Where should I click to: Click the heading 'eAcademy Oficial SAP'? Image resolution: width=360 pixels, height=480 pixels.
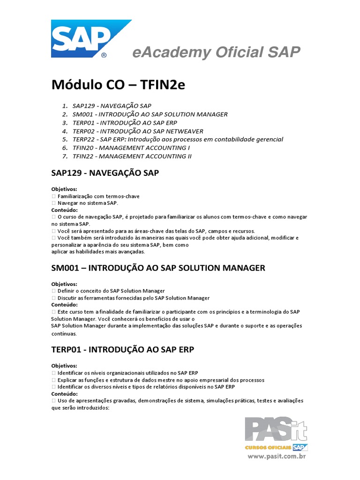point(216,52)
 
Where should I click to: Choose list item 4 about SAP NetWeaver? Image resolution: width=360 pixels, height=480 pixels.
point(138,131)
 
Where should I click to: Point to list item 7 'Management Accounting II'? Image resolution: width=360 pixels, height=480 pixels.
point(132,156)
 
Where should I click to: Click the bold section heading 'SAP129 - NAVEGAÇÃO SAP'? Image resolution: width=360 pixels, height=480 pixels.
point(105,173)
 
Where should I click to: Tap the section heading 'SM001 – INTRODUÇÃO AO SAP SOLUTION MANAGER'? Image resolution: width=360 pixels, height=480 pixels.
point(158,268)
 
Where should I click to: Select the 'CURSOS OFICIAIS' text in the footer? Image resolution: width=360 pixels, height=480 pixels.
point(268,448)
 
